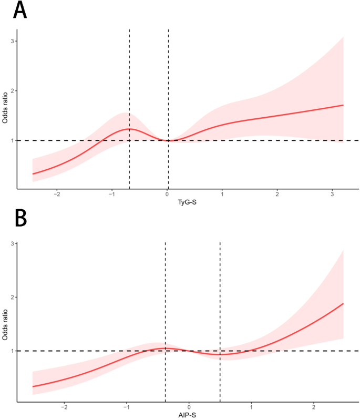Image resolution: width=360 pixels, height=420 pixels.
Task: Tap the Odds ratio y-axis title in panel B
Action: tap(5, 323)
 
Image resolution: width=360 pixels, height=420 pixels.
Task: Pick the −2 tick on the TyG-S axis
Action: tap(57, 194)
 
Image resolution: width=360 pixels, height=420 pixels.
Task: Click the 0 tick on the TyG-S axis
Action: tap(168, 194)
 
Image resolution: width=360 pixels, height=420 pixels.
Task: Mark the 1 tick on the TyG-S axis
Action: tap(222, 194)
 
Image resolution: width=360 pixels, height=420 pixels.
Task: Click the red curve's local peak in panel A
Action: tap(129, 129)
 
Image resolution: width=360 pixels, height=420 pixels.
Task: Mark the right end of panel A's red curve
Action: tap(343, 105)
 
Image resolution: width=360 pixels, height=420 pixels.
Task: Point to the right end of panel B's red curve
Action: tap(343, 304)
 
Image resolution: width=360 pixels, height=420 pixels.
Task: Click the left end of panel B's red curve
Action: tap(33, 386)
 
